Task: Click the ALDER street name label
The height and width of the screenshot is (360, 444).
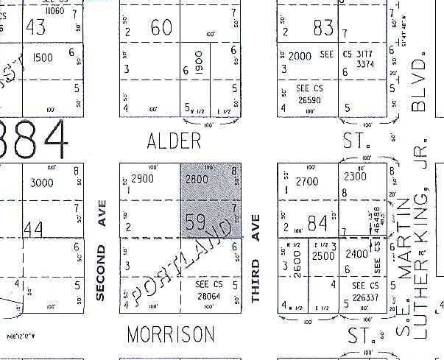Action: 174,141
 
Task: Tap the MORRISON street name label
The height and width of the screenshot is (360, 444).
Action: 171,334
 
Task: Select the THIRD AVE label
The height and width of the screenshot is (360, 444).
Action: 256,258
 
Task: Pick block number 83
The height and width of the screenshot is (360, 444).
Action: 323,28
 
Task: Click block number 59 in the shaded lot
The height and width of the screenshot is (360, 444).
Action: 195,222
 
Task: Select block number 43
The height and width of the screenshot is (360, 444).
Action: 35,27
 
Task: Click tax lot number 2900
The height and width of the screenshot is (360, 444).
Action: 141,179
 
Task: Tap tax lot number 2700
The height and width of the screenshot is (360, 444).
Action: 307,180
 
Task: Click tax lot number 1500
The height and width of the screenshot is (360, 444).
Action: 43,57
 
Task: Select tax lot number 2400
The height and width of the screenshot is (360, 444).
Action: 356,254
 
